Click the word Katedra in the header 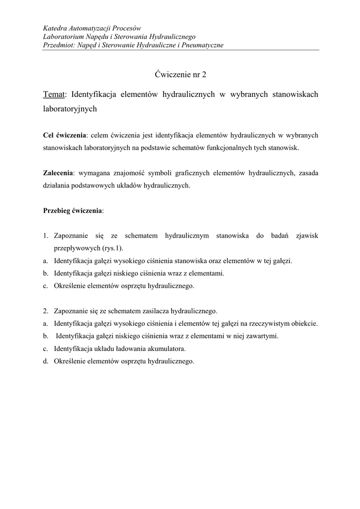tap(55, 28)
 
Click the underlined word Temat tap(54, 94)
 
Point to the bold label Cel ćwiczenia tap(65, 135)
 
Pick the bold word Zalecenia tap(58, 173)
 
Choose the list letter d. tap(45, 361)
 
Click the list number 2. tap(45, 311)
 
